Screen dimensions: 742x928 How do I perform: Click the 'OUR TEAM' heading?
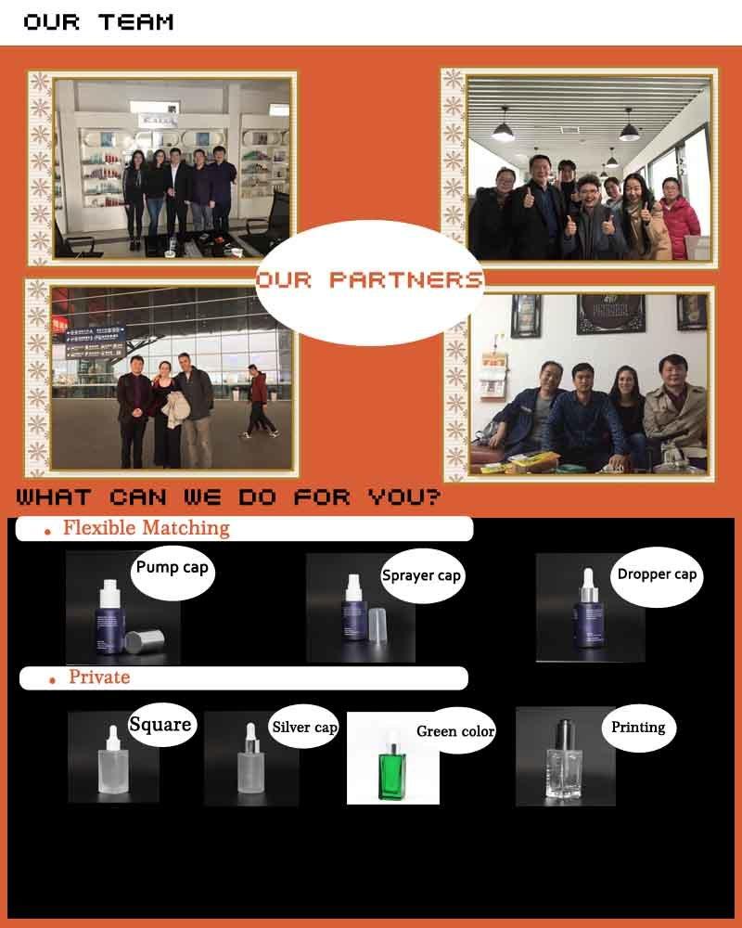(98, 22)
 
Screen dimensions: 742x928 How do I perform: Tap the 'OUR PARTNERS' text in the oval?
(370, 280)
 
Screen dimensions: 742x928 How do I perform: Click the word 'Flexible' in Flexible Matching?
(100, 527)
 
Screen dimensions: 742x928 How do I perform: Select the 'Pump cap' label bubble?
(173, 571)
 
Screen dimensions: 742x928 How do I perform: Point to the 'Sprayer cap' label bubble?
(421, 576)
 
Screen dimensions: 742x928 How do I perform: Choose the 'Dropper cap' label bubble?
(657, 576)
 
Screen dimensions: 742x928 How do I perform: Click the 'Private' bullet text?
(99, 677)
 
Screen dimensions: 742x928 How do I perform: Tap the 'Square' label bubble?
(160, 725)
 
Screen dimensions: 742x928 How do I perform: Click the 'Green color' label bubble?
(455, 731)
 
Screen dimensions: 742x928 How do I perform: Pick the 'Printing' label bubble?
(638, 728)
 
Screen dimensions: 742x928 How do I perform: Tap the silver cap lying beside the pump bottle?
(145, 641)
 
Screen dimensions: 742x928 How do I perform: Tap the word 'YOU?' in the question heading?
(404, 497)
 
